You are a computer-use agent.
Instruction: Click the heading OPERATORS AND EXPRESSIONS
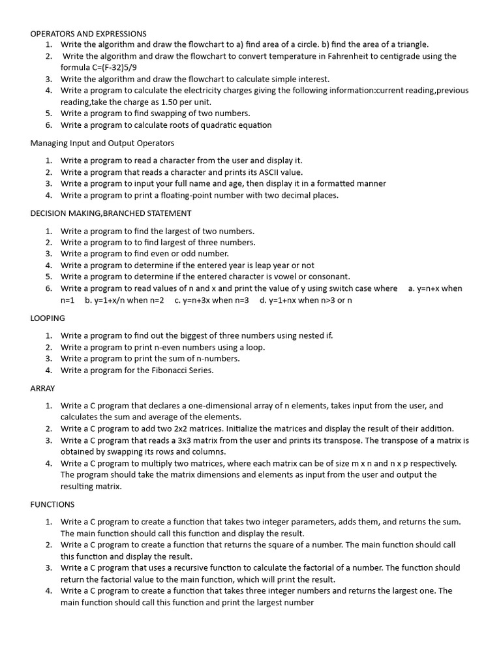coord(88,33)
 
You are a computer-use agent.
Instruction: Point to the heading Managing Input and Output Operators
coord(102,143)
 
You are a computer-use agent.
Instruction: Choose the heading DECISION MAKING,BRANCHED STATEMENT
coord(111,213)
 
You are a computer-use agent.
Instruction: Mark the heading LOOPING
coord(48,318)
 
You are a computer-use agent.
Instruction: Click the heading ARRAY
coord(42,388)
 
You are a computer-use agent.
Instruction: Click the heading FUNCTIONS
coord(52,504)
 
